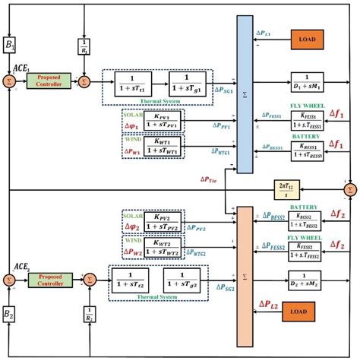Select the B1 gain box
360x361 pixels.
[x=11, y=44]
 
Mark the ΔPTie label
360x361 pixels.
[x=213, y=179]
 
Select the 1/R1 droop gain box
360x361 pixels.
[x=85, y=46]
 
